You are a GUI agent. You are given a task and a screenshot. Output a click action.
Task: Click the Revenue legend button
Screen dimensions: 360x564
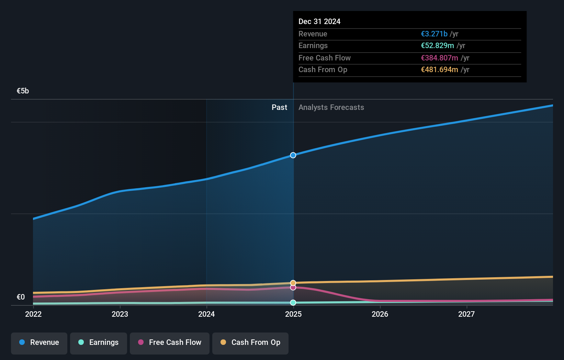tap(39, 343)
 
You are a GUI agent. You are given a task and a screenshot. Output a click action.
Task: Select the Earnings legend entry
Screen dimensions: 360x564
tap(99, 343)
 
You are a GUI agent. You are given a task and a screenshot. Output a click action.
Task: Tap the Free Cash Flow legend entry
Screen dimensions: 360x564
tap(170, 343)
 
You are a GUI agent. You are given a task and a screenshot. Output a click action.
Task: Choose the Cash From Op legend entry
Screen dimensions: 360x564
tap(250, 343)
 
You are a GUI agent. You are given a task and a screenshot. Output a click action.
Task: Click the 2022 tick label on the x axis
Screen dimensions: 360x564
tap(33, 314)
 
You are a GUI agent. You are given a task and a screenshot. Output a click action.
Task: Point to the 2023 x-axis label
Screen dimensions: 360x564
tap(120, 314)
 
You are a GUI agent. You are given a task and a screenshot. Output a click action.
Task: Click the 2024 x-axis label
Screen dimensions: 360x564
tap(206, 314)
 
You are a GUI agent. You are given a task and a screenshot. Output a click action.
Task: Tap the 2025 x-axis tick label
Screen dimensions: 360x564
tap(293, 314)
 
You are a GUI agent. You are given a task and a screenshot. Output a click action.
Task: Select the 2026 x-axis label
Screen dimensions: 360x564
tap(380, 314)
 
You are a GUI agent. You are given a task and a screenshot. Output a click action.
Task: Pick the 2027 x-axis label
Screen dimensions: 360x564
tap(466, 314)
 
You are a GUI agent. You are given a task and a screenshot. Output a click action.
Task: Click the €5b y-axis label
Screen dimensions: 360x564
tap(23, 91)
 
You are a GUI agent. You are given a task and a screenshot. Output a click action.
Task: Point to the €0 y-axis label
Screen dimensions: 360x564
tap(21, 297)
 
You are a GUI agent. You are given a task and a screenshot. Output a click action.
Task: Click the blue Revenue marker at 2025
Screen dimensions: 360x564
tap(293, 155)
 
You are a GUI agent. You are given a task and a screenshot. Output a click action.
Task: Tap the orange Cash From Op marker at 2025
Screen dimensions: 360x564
tap(293, 283)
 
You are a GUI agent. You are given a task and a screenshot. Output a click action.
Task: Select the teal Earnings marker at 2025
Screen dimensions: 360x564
tap(293, 303)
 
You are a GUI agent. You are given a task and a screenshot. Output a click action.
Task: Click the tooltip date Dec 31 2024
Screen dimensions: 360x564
tap(319, 22)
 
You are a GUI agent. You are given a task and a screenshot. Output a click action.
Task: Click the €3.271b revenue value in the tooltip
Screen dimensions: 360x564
tap(434, 34)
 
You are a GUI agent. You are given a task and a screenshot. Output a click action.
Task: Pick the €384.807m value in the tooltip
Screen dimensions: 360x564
tap(439, 58)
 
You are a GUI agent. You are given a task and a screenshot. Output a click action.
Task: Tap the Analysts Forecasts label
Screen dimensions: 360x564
tap(331, 108)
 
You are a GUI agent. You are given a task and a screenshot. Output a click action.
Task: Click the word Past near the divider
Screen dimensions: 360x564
tap(279, 108)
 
